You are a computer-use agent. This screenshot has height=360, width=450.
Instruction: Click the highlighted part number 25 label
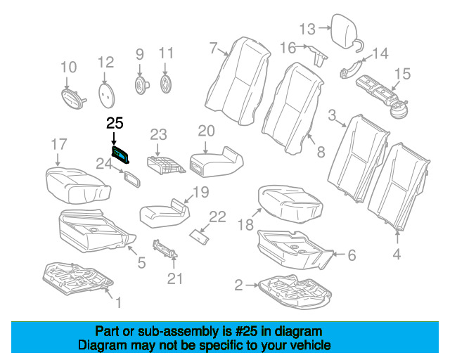[x=115, y=124]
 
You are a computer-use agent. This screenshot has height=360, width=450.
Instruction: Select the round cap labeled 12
[x=106, y=91]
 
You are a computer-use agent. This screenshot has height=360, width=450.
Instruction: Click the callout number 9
[x=139, y=53]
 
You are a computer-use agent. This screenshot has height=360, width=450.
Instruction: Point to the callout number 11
[x=165, y=53]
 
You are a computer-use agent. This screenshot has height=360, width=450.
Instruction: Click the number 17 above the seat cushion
[x=58, y=145]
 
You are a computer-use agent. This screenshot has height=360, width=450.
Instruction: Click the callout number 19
[x=200, y=192]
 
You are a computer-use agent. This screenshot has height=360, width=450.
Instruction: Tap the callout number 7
[x=213, y=48]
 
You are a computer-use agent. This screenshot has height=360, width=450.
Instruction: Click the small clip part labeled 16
[x=318, y=56]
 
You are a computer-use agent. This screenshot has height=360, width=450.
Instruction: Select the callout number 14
[x=380, y=53]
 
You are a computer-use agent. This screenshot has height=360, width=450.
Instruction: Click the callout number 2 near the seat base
[x=238, y=285]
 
